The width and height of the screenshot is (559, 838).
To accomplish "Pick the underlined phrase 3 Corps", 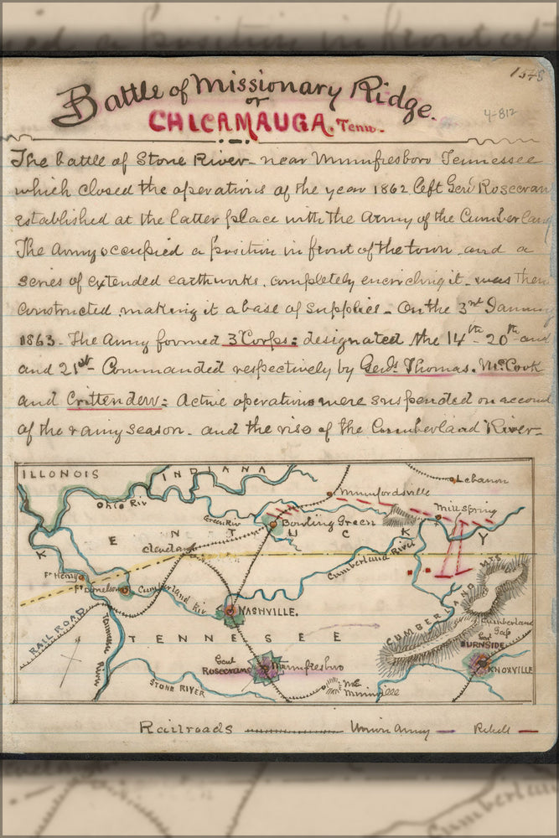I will (243, 340).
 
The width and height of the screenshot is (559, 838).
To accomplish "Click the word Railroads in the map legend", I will (186, 727).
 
